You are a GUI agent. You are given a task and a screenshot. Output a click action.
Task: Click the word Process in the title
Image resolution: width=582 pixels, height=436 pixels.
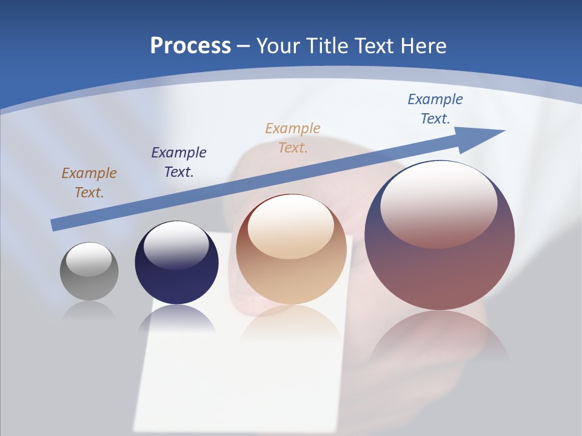(x=190, y=46)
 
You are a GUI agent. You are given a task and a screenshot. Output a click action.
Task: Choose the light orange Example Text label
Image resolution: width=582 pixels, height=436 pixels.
(x=293, y=138)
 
